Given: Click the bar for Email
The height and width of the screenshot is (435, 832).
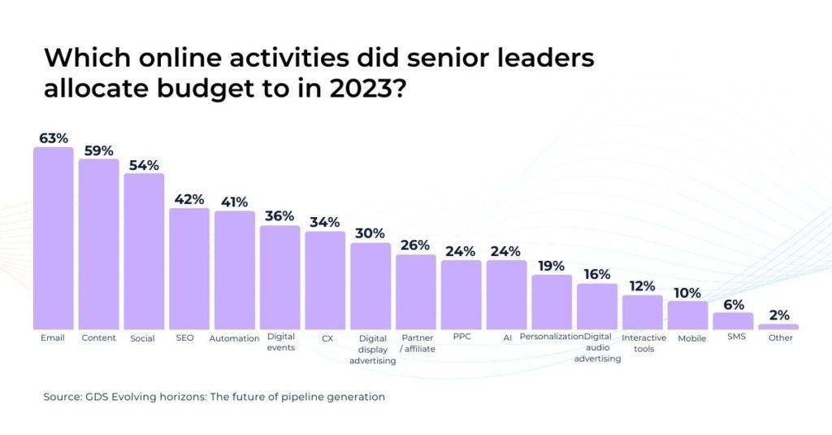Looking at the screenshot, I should coord(53,237).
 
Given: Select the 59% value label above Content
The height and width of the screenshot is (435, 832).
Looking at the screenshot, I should coord(98,150).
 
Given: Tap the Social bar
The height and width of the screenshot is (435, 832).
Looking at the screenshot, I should coord(144,250).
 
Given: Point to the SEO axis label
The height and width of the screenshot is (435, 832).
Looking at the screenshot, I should coord(184,337).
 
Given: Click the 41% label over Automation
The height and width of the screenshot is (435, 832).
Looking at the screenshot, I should coord(234,202).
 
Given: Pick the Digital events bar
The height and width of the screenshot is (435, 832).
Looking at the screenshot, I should coord(279,276).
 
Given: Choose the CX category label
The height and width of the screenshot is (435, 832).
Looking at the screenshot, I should coord(325,337).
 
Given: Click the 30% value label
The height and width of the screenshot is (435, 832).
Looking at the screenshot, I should coord(370,233).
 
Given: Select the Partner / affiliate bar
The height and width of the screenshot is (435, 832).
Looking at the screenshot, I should coord(416,291).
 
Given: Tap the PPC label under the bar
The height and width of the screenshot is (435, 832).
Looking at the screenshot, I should coord(461,337).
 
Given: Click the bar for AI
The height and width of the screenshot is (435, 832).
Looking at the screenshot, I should coord(506,294).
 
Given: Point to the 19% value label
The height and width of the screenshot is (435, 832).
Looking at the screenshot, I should coord(552,266).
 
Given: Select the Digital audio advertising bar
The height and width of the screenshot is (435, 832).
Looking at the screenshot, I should coord(597,306).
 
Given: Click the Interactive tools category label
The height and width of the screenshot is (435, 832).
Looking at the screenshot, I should coord(643,343).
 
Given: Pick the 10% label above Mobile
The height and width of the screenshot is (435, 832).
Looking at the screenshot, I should coord(688,293).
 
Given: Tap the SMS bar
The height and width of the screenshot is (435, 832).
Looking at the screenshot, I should coord(733,320).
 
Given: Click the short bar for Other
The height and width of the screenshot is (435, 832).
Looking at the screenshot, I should coord(778,326).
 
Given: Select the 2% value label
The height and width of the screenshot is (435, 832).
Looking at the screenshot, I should coord(779,315).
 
